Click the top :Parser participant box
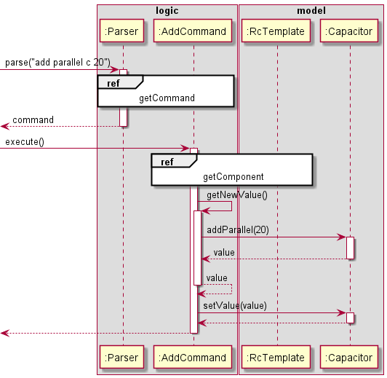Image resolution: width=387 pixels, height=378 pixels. (x=123, y=31)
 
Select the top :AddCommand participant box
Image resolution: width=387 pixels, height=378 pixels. (x=193, y=31)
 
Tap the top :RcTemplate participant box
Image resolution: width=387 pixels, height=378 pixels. (x=276, y=31)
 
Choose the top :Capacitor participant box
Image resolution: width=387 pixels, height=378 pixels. (x=349, y=31)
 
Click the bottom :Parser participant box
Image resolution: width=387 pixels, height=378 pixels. (x=123, y=357)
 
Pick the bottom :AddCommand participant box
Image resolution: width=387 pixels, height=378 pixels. (x=193, y=357)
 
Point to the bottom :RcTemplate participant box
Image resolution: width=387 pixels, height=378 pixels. (x=276, y=357)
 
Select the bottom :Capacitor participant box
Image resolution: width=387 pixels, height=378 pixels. (x=349, y=357)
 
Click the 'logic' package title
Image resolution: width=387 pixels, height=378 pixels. (x=167, y=11)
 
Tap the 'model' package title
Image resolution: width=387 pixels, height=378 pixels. (x=311, y=11)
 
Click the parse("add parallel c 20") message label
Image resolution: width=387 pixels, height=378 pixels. (x=57, y=63)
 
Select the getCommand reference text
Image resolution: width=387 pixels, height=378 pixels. (x=167, y=98)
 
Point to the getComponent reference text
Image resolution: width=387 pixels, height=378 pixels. (x=233, y=176)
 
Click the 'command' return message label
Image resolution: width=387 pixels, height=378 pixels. (x=33, y=119)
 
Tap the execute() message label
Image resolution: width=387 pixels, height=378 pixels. (x=24, y=141)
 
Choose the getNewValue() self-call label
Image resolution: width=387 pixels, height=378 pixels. (x=237, y=195)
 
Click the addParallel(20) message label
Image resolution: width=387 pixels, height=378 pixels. (x=237, y=229)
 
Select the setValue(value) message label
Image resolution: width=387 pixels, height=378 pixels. (x=234, y=306)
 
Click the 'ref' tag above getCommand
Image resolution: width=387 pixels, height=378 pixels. (x=113, y=83)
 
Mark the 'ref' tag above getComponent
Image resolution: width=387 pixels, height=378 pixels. (x=167, y=162)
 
